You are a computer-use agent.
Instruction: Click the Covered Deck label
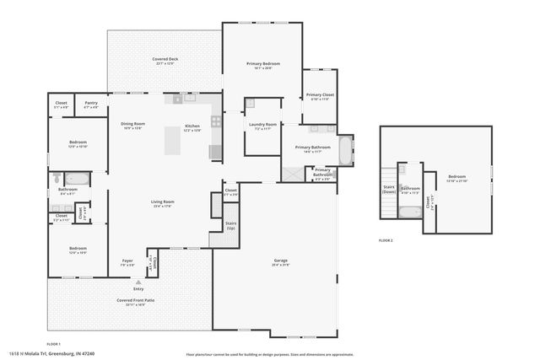(x=165, y=61)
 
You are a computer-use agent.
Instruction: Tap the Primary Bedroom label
(x=263, y=66)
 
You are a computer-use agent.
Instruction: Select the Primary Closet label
(x=320, y=96)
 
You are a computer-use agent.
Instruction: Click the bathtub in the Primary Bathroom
(x=346, y=152)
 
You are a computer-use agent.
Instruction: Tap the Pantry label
(x=91, y=105)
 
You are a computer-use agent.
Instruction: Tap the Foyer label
(x=127, y=261)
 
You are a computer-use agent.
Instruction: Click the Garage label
(x=281, y=261)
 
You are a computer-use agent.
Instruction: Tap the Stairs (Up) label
(x=230, y=225)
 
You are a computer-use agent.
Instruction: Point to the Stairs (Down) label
(x=389, y=189)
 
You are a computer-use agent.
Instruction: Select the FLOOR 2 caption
(x=386, y=240)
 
